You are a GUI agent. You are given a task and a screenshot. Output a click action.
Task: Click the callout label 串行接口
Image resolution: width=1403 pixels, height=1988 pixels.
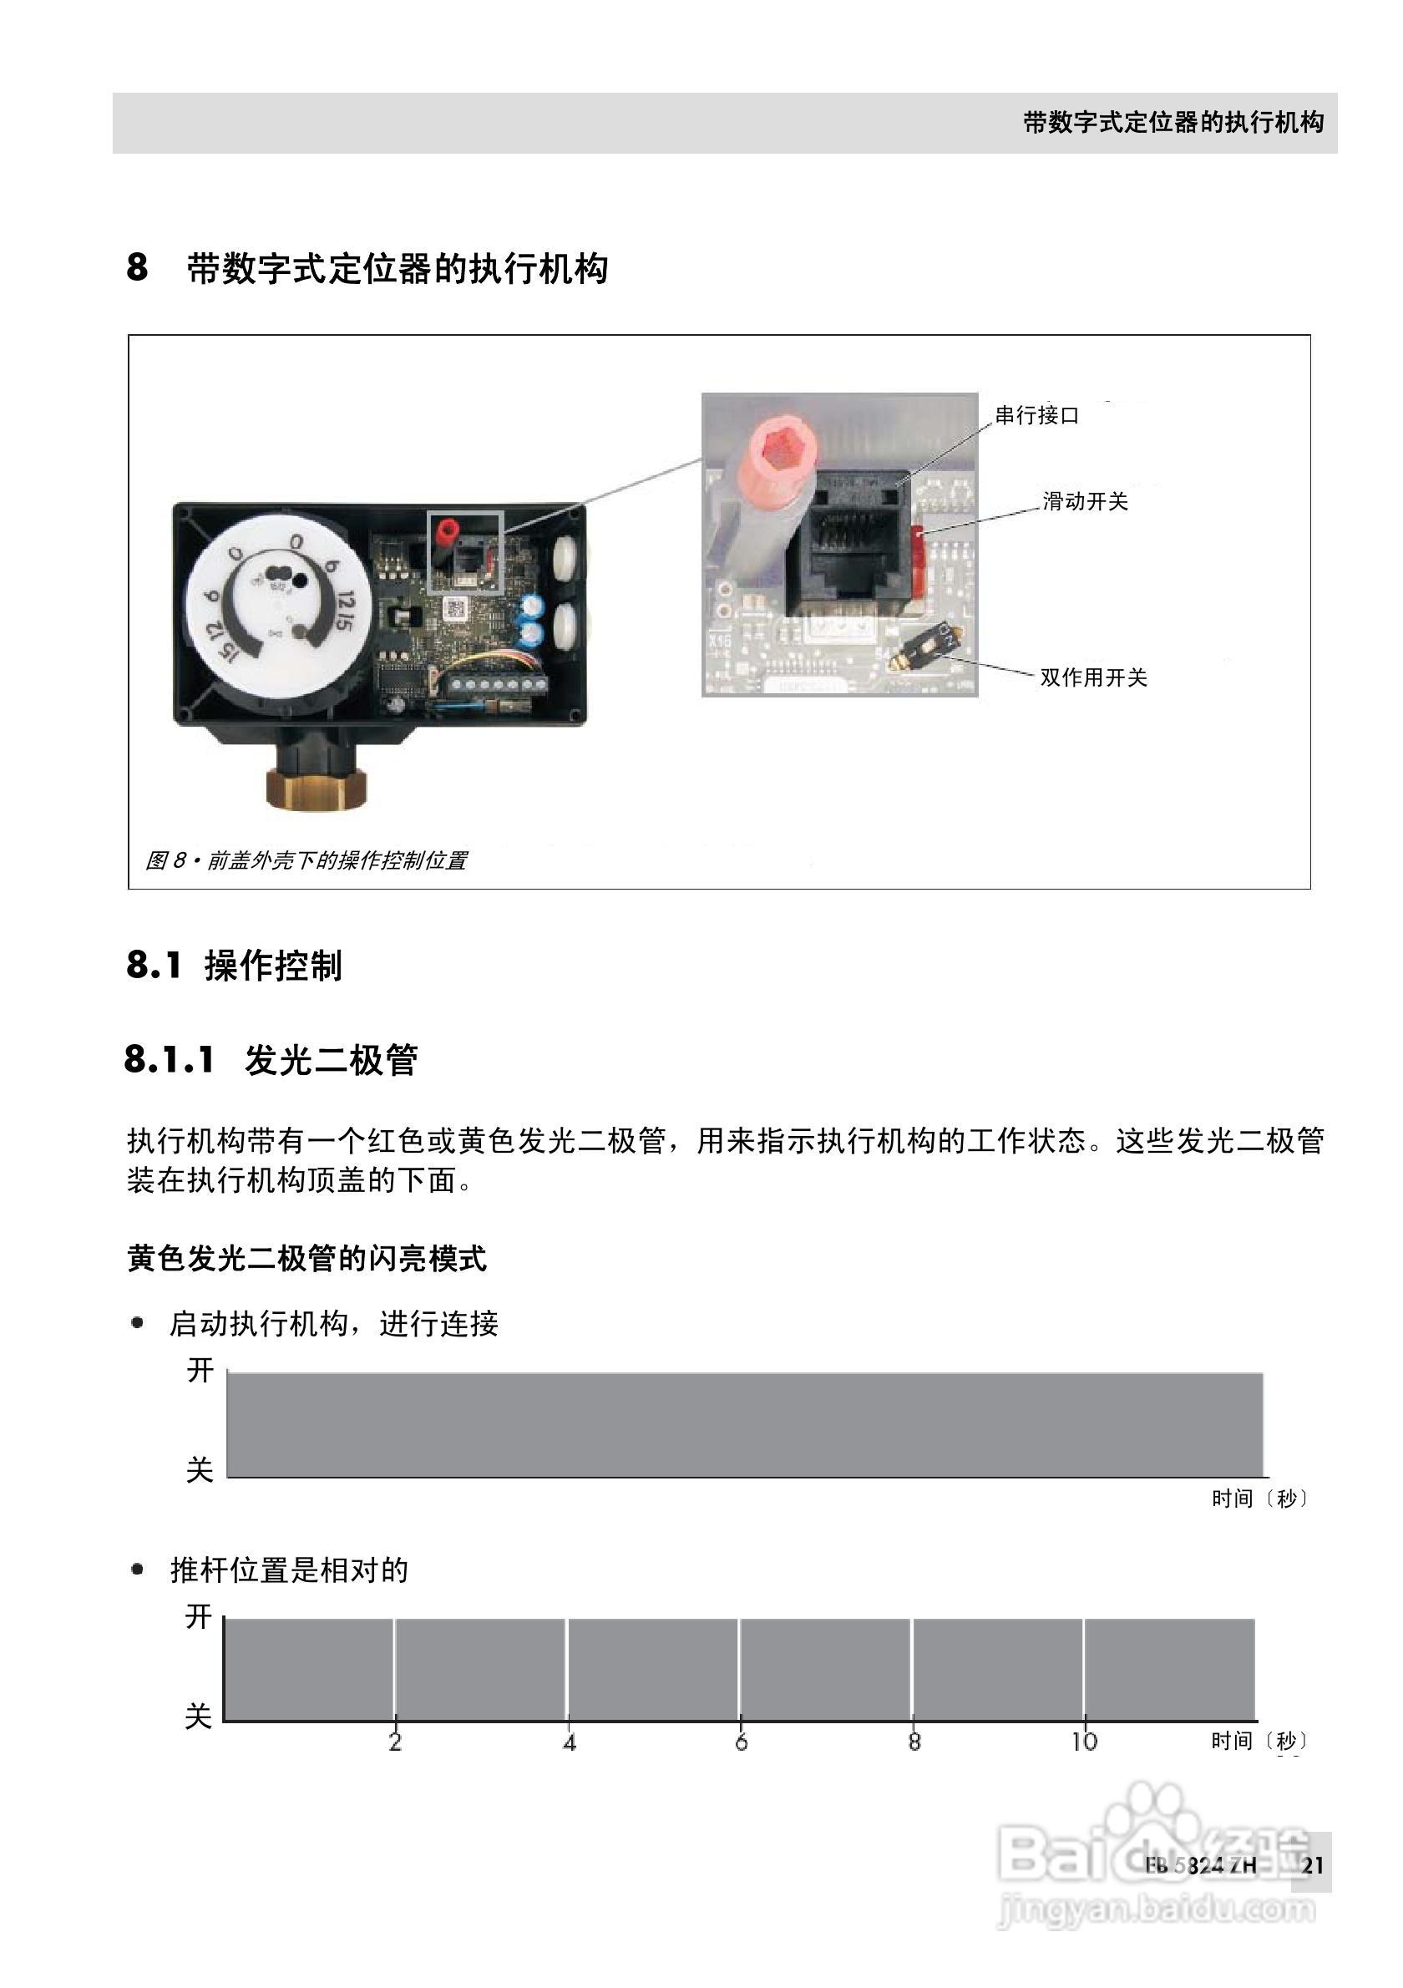1037,416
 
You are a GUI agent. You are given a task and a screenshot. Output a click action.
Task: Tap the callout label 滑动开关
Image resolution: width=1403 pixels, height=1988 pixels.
1086,501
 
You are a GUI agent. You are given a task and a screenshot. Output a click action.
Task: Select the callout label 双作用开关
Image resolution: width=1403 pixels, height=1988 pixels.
1093,677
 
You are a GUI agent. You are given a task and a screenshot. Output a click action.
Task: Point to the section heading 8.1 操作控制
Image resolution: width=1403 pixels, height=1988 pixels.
235,965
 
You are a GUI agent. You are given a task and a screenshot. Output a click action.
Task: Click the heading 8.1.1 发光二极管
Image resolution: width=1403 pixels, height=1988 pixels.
271,1060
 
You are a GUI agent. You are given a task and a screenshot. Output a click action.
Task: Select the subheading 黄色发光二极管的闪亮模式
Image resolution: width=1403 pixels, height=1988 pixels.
306,1259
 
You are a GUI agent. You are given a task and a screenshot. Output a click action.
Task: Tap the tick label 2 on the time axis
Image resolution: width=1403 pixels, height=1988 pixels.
396,1742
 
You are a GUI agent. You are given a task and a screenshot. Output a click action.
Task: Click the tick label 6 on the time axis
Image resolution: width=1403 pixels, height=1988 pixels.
741,1742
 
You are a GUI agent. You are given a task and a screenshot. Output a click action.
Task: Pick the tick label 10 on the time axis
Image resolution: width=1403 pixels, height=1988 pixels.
1084,1742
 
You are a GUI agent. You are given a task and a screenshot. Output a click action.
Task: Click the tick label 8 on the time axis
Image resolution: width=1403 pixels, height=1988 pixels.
914,1742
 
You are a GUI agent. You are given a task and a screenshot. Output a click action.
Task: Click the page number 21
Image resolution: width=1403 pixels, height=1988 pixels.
1312,1865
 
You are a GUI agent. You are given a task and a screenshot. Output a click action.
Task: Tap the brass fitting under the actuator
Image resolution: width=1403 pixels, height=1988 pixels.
315,784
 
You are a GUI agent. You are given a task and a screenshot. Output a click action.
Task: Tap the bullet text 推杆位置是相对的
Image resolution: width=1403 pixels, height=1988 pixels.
289,1570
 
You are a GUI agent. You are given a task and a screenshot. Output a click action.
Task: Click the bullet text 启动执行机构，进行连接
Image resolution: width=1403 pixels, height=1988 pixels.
334,1324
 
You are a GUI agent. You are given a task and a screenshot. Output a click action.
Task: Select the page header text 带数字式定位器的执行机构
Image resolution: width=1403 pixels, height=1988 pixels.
1173,123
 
